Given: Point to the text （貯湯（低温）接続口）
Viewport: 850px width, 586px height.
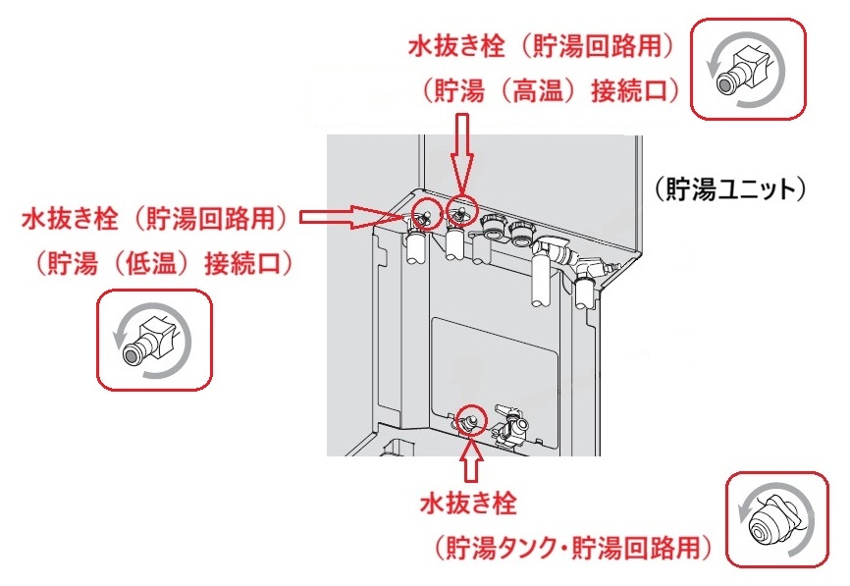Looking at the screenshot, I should coord(162,262).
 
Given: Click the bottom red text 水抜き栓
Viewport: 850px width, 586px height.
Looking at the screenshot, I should coord(468,505).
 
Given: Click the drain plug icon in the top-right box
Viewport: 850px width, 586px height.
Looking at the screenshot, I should coord(747,69).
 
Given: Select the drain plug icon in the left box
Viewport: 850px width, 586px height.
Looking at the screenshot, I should coord(153,338).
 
